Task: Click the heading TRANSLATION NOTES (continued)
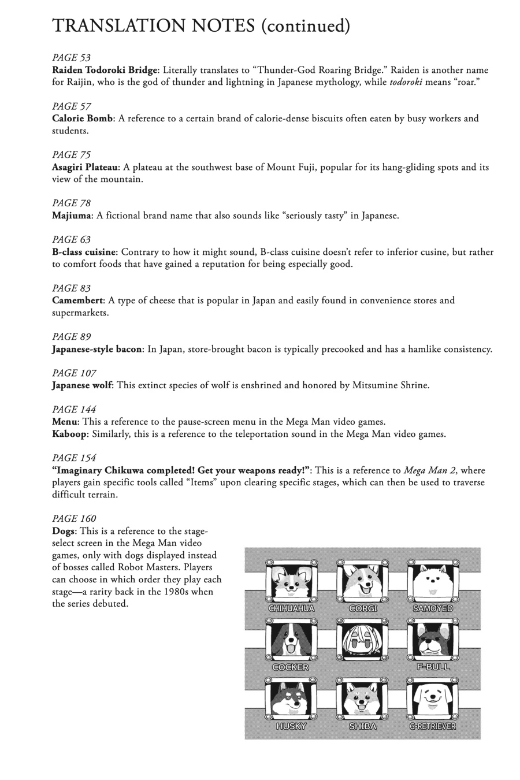(201, 26)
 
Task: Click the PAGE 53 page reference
(72, 58)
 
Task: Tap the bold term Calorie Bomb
(82, 118)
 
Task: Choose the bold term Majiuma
(72, 216)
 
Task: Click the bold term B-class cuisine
(84, 252)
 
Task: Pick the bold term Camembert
(77, 300)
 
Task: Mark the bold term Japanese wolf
(82, 385)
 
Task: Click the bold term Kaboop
(69, 434)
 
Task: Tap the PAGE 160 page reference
(74, 518)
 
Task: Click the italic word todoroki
(406, 82)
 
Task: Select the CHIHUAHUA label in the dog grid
(291, 608)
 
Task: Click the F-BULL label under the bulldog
(433, 667)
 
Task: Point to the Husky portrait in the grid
(291, 699)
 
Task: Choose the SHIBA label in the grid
(363, 726)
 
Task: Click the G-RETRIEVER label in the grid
(433, 726)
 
